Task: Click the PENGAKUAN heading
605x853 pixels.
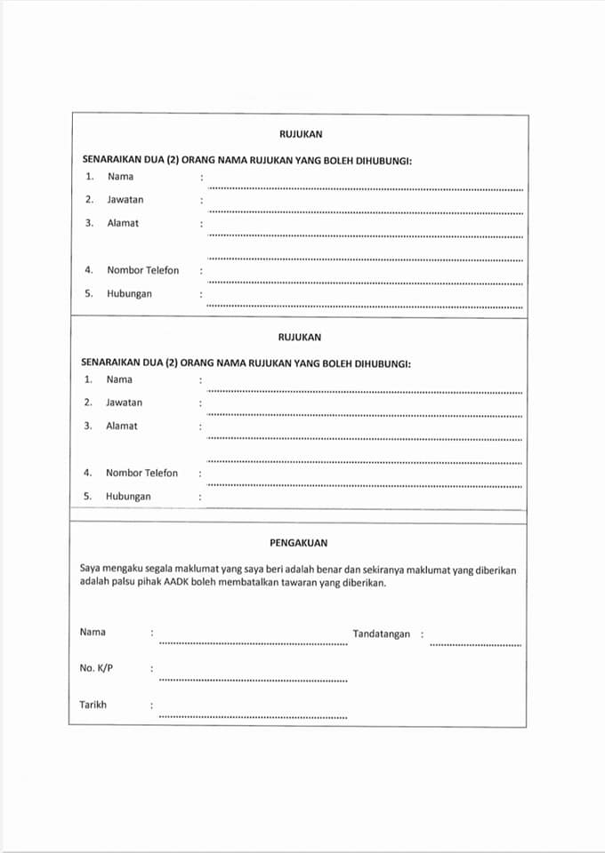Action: point(299,542)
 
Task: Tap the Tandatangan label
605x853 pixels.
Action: point(381,634)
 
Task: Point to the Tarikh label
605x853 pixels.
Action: point(93,705)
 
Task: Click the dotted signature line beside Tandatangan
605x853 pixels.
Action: point(475,644)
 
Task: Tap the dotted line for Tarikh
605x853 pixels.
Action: point(253,716)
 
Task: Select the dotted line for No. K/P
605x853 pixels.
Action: point(253,681)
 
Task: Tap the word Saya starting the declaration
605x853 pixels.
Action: point(91,570)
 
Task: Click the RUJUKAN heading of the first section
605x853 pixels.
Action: point(300,134)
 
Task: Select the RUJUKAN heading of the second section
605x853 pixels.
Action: point(300,338)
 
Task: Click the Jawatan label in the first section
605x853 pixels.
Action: point(125,200)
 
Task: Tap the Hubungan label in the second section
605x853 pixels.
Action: point(128,497)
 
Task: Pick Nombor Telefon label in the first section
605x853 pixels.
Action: point(142,270)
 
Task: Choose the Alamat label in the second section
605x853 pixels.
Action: point(122,426)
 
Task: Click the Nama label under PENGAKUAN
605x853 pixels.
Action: point(93,632)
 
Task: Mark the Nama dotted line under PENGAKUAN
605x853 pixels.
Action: point(253,644)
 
